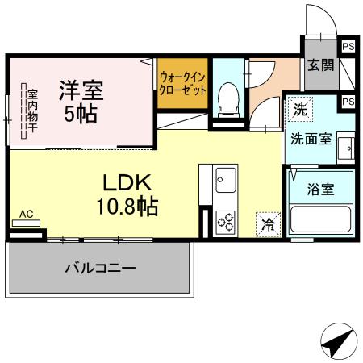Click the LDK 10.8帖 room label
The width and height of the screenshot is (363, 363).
pyautogui.click(x=127, y=194)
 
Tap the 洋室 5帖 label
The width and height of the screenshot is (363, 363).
pyautogui.click(x=81, y=100)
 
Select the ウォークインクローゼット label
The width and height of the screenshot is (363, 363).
pyautogui.click(x=182, y=84)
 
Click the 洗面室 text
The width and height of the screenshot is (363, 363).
pyautogui.click(x=311, y=138)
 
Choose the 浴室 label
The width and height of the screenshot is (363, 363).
pyautogui.click(x=321, y=190)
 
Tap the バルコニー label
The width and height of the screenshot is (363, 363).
pyautogui.click(x=100, y=269)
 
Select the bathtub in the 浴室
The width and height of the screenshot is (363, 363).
pyautogui.click(x=321, y=221)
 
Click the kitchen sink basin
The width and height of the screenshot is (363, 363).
pyautogui.click(x=224, y=178)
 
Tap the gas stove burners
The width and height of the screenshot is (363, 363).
pyautogui.click(x=224, y=220)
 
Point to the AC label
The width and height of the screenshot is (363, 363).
pyautogui.click(x=26, y=214)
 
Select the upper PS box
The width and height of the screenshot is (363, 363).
pyautogui.click(x=348, y=47)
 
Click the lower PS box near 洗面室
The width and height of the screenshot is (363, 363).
pyautogui.click(x=348, y=102)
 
